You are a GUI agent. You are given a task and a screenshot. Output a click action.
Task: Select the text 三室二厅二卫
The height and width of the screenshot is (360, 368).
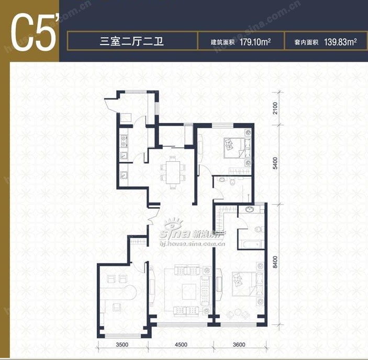pyautogui.click(x=132, y=41)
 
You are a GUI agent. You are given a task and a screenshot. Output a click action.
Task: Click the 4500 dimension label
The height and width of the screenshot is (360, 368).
pyautogui.click(x=181, y=346)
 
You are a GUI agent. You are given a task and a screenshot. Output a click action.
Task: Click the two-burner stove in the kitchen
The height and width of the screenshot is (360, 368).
pyautogui.click(x=124, y=140)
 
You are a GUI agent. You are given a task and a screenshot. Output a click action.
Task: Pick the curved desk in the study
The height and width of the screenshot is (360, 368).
pyautogui.click(x=126, y=290)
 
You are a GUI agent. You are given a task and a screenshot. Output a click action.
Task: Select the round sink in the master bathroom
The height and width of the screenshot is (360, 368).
pyautogui.click(x=250, y=210)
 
